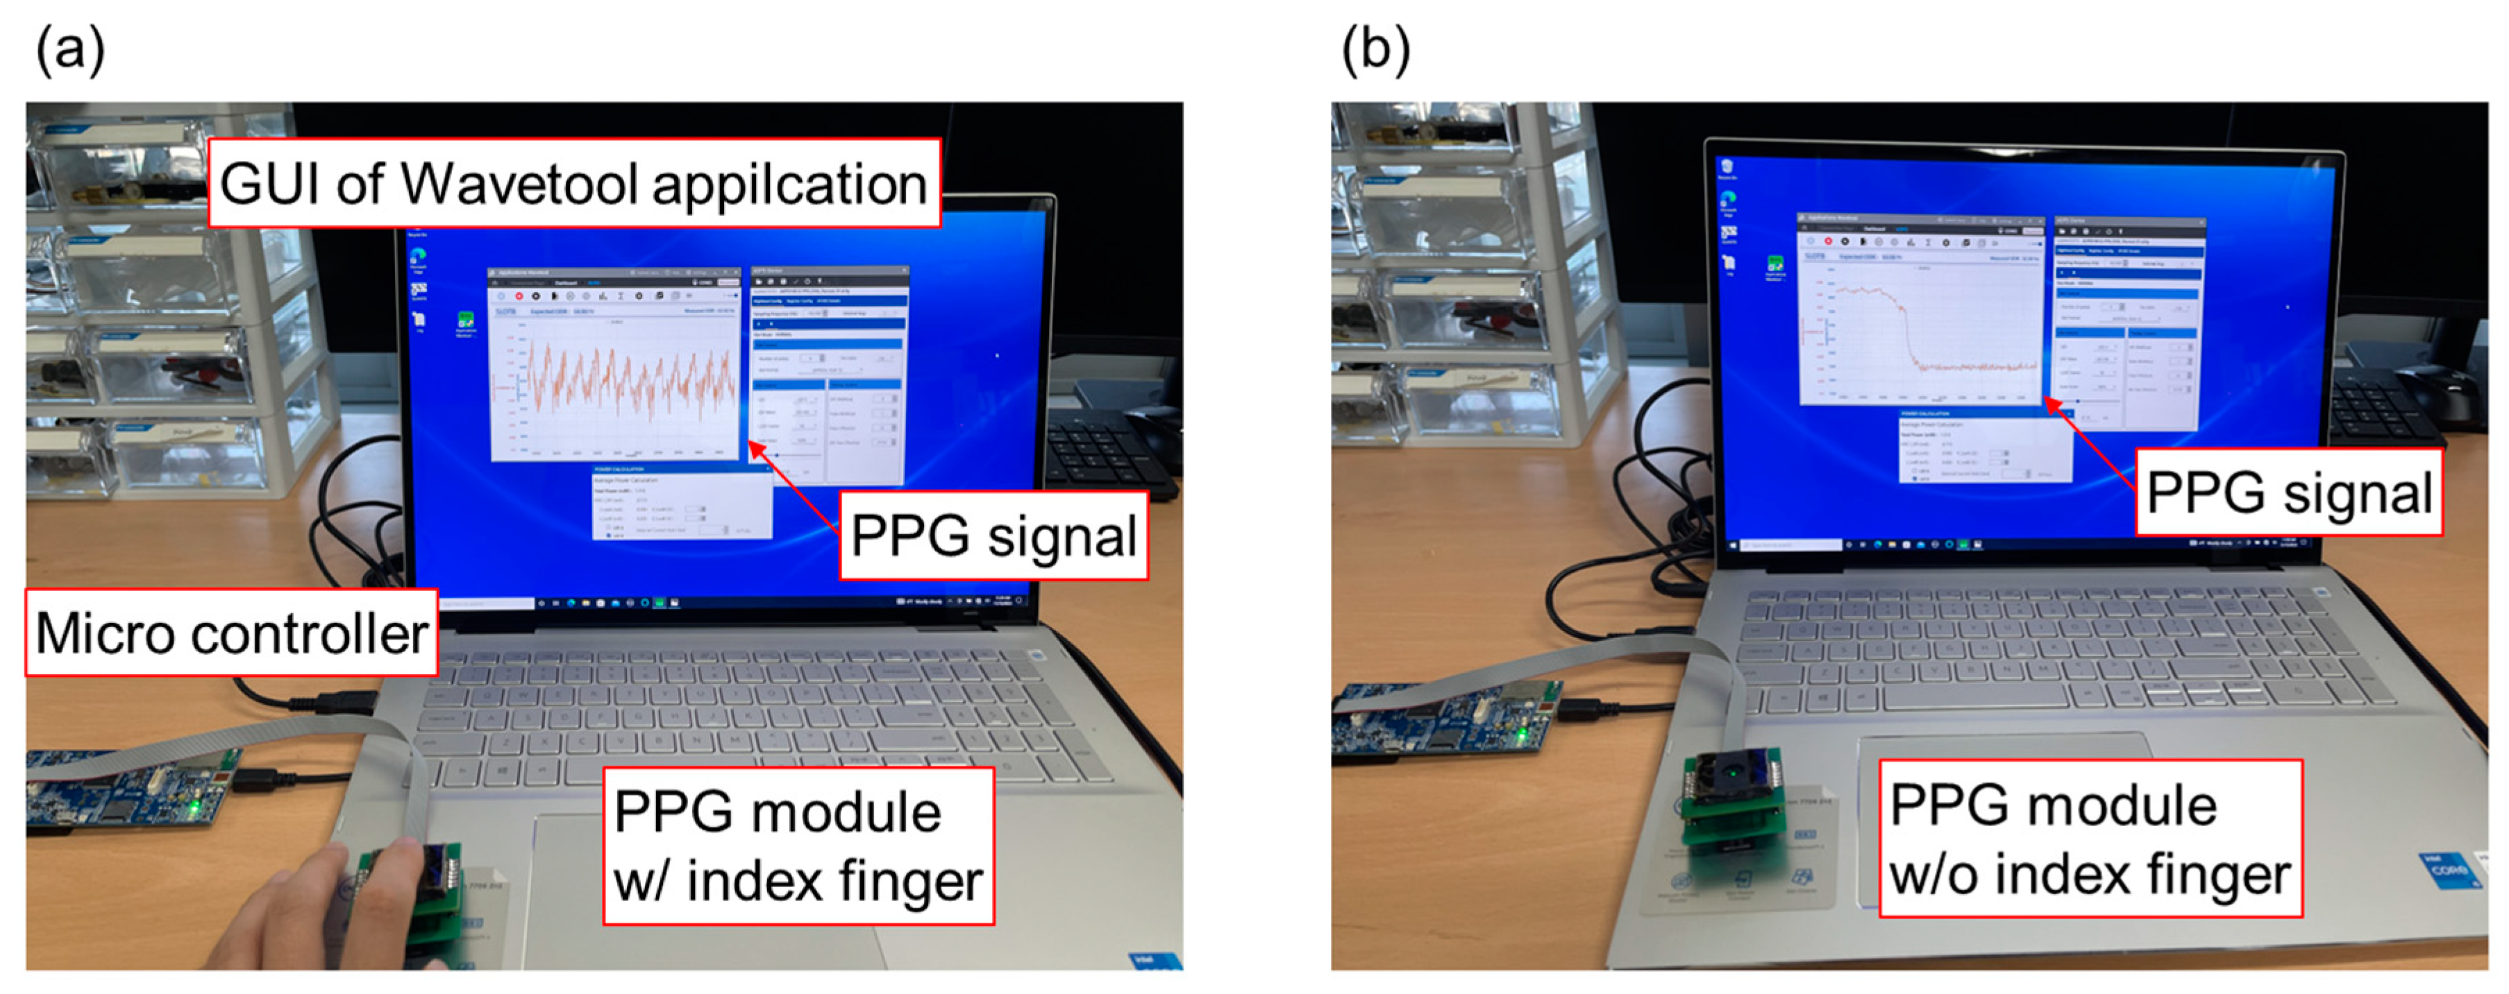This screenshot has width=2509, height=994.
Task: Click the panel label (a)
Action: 70,49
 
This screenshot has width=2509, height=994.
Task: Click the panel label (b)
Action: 1375,49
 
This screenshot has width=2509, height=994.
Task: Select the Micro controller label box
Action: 230,633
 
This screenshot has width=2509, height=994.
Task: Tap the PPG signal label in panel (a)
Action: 993,536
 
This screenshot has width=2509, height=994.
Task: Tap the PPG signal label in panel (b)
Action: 2288,492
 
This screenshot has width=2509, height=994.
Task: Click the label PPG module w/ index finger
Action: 798,845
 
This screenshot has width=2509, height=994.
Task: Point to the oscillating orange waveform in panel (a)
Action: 628,384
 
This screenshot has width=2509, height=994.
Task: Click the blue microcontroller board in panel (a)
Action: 126,789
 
